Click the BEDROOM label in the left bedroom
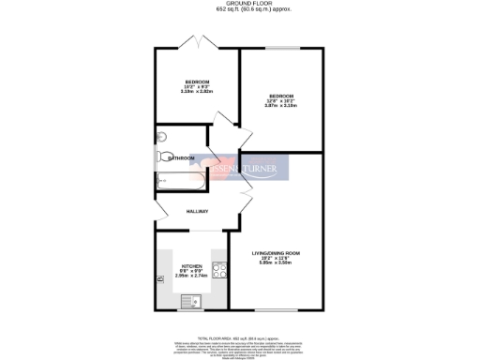[197, 82]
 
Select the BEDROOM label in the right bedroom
[282, 97]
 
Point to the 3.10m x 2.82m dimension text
[197, 92]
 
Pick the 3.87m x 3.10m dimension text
[282, 107]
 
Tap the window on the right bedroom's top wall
[282, 49]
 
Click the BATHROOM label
[181, 158]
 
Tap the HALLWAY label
[196, 212]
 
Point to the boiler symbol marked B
[159, 278]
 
